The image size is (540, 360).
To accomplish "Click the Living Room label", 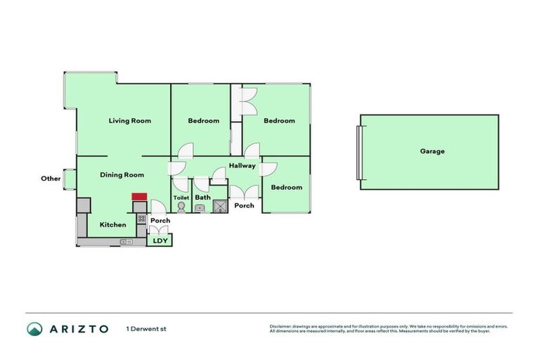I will pos(129,121).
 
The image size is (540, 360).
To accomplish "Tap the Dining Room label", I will pos(122,175).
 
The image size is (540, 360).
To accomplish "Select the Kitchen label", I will pos(112,225).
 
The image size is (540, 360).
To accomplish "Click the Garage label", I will pos(432,151).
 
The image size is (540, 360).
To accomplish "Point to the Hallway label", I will pos(241,166).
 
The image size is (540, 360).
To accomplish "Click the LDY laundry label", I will pos(160,241).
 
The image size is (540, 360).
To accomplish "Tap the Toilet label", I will pos(181,198).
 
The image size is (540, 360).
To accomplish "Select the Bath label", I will pos(202,198).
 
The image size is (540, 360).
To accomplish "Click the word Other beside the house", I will pos(51,179).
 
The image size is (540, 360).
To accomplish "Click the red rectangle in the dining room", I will pos(139,198).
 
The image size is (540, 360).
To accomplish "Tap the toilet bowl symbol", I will pos(181,208).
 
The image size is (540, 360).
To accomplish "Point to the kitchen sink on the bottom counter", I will pos(126,242).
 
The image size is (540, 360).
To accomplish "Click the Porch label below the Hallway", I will pos(244,206).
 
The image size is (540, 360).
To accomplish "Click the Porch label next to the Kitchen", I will pos(160,221).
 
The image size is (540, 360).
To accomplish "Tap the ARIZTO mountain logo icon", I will pos(34,329).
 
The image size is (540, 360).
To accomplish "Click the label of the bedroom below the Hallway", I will pos(286,187).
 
